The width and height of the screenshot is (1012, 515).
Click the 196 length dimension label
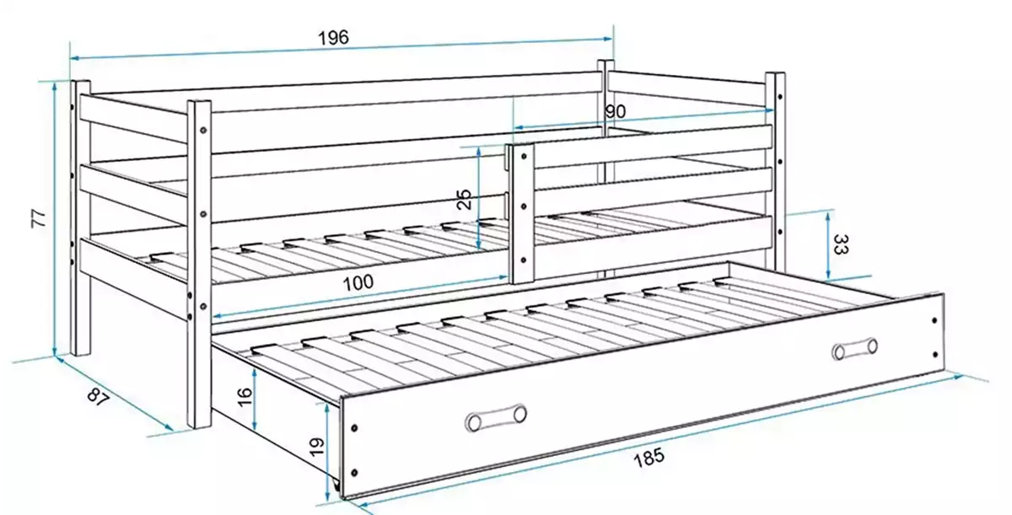point(332,38)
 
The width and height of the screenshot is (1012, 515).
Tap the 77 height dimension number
point(37,217)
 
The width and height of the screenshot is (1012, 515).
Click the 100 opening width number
point(358,282)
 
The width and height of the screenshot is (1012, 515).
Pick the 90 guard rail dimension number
point(615,110)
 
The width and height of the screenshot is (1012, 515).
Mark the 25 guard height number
point(463,199)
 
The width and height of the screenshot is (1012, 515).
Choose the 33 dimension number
point(841,245)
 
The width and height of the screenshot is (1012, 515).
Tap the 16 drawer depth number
point(243,396)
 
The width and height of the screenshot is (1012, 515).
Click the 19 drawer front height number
point(316,446)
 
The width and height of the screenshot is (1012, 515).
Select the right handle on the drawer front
point(854,348)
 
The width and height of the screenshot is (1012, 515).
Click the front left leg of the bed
point(200,261)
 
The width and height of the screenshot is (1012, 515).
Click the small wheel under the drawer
point(338,487)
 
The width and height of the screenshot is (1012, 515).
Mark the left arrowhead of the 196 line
point(73,58)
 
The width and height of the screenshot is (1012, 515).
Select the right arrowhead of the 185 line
point(961,375)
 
